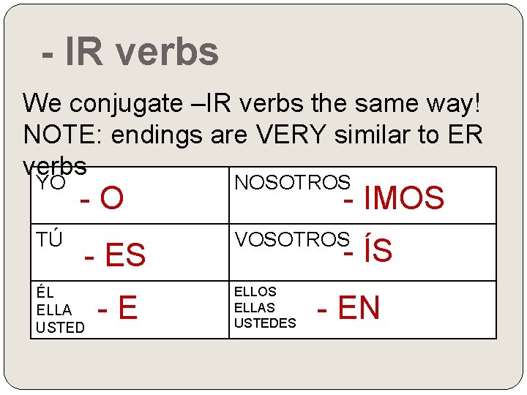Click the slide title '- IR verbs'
[130, 52]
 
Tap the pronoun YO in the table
[51, 183]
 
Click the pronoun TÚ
[50, 240]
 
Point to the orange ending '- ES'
[115, 255]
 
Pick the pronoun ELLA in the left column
[54, 310]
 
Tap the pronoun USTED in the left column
[61, 328]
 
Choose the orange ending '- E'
[118, 308]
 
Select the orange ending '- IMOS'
[394, 198]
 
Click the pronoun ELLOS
[255, 292]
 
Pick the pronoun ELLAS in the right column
[255, 307]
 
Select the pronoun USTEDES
[265, 323]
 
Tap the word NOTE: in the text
[59, 135]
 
